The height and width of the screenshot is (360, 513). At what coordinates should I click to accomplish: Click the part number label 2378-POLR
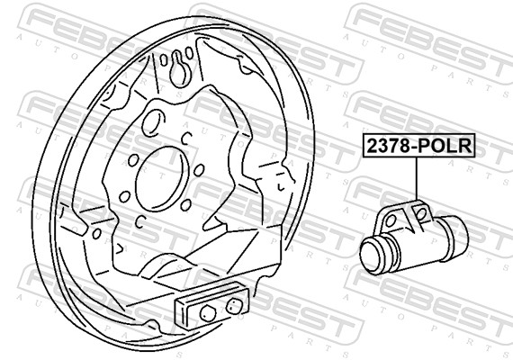pos(418,146)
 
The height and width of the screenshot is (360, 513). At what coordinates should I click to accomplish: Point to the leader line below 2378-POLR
pos(417,179)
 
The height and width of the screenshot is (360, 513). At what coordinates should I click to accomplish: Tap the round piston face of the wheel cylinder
pos(373,255)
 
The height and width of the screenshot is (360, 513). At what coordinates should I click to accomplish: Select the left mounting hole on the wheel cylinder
pos(391,222)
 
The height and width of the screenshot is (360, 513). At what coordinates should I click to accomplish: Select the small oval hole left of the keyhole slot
pos(164,60)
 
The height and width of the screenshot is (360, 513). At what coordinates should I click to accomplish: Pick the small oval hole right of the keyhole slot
pos(189,53)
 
